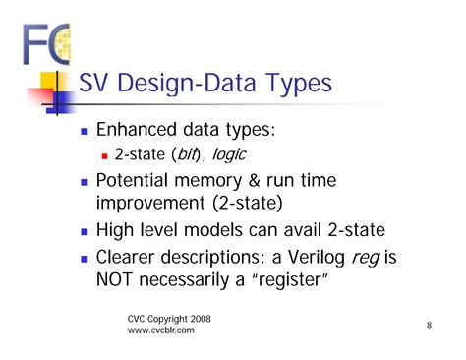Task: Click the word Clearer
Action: click(132, 259)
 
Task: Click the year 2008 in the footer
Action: click(196, 319)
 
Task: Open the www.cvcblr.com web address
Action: click(161, 331)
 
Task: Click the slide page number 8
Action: click(430, 325)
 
